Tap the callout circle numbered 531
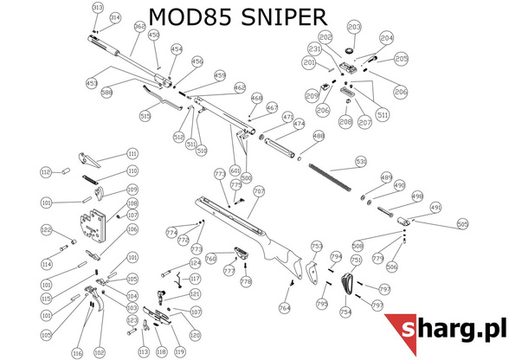click(x=361, y=160)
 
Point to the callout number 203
click(x=353, y=28)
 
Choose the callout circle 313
click(x=97, y=8)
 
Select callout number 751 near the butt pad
click(x=356, y=260)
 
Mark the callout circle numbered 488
click(x=318, y=136)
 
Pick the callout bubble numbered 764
click(x=284, y=308)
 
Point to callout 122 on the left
click(x=47, y=229)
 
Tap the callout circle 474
click(x=300, y=125)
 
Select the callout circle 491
click(x=436, y=208)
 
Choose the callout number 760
click(x=210, y=257)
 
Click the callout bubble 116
click(x=77, y=353)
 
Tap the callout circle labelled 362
click(x=139, y=27)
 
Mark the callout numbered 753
click(x=317, y=246)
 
